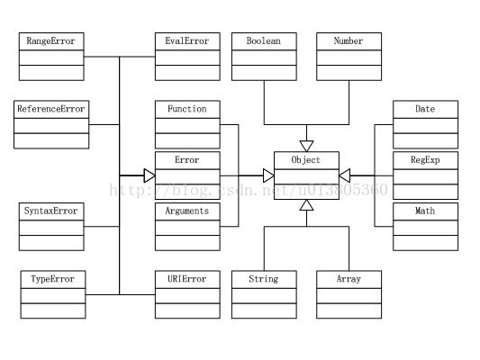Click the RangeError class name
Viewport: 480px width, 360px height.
pos(50,41)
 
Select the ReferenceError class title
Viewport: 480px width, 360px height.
pos(51,109)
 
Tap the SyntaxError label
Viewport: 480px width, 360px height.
pos(50,211)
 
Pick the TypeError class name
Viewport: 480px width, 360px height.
pos(52,279)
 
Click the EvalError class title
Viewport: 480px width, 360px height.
pos(187,41)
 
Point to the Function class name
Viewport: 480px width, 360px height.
pos(187,109)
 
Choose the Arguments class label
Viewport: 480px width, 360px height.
pos(187,211)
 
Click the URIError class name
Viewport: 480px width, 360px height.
pos(187,279)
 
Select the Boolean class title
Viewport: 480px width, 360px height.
pos(264,41)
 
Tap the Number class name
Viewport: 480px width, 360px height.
pos(349,41)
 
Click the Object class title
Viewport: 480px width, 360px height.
pos(306,160)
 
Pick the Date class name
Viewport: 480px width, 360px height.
pos(425,109)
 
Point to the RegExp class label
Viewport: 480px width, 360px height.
pos(425,160)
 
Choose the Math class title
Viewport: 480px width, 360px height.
pos(425,211)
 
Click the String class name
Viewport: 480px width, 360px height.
pos(264,279)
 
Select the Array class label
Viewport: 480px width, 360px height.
pos(349,279)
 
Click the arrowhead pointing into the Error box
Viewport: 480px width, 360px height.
pos(149,175)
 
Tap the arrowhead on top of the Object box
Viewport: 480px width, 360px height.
pos(306,146)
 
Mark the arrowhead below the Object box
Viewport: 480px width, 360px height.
pos(306,205)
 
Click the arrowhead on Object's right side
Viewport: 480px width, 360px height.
pos(345,175)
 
